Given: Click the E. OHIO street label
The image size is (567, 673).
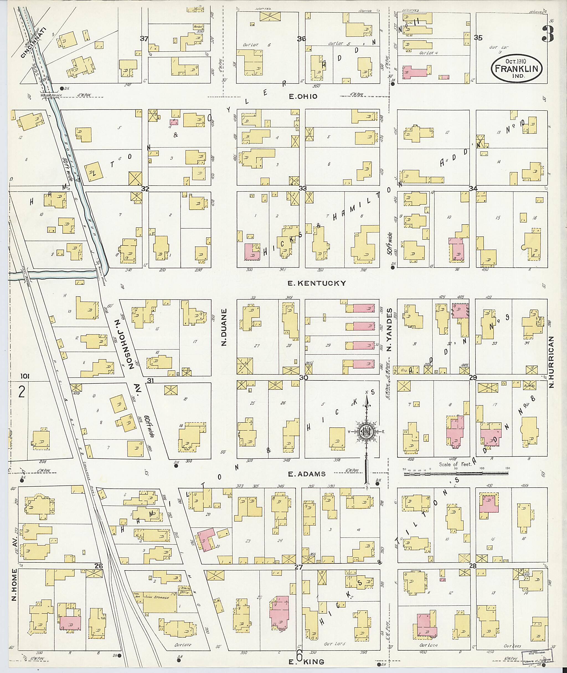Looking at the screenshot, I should [303, 96].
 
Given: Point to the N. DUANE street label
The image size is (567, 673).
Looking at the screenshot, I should [224, 327].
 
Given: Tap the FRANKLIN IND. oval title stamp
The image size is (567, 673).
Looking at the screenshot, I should [517, 68].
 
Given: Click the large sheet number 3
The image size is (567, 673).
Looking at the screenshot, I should [547, 34].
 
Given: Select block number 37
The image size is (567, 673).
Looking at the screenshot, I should [144, 39].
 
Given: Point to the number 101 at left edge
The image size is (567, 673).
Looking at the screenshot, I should [25, 376].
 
